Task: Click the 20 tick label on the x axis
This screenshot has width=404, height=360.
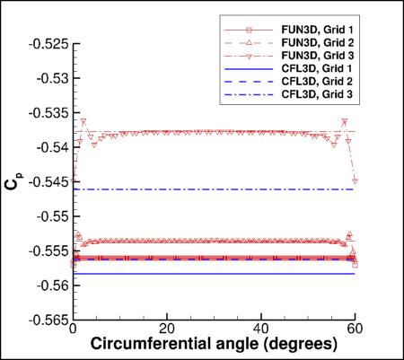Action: click(166, 329)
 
